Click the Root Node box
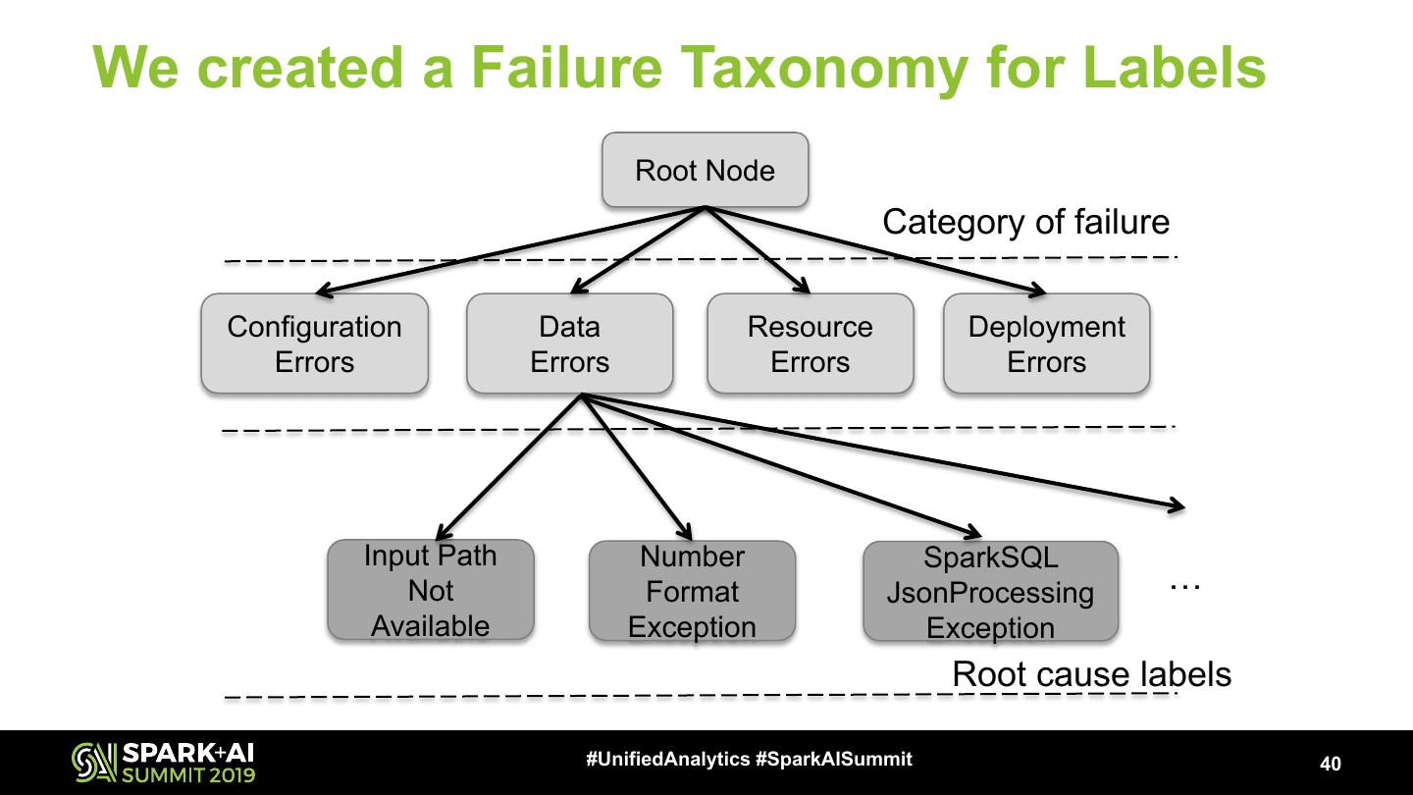(705, 170)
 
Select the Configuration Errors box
(314, 344)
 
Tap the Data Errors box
(569, 344)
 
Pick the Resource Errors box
(810, 344)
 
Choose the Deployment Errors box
(1046, 344)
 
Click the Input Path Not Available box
(430, 590)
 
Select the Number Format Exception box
(692, 591)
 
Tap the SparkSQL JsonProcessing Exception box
(990, 592)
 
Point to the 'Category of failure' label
(1025, 222)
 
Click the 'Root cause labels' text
(1091, 674)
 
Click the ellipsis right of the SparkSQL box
(1185, 583)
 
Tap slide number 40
(1331, 764)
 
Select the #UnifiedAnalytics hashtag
(668, 759)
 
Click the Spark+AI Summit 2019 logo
(163, 763)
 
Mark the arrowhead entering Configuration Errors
(321, 291)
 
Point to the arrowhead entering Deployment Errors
(1040, 291)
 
